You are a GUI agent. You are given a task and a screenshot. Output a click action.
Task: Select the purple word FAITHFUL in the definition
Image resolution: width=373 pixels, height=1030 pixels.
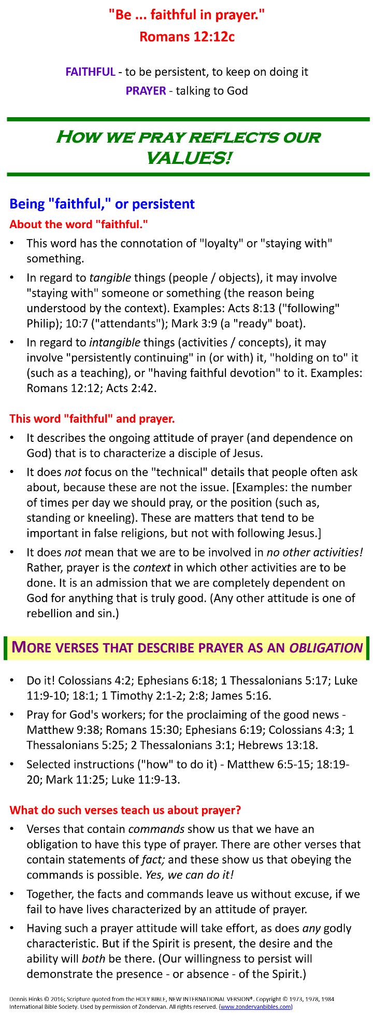click(x=90, y=72)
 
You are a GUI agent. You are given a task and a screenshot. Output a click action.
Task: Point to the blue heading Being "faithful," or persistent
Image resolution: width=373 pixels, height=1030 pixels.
click(x=102, y=204)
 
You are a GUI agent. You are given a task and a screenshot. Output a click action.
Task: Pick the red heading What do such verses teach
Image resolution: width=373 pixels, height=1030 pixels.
click(x=125, y=810)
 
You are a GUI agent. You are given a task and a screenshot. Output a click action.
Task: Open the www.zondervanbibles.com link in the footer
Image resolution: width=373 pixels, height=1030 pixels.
click(x=256, y=1007)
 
